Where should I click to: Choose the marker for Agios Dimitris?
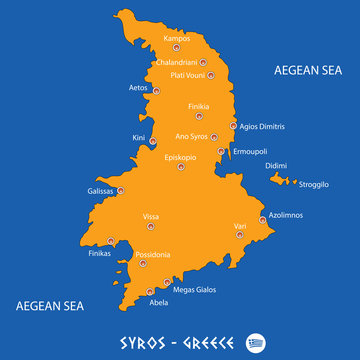pos(233,127)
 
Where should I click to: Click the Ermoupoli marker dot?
pos(221,151)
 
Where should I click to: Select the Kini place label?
pos(138,138)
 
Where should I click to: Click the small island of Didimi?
pos(281,180)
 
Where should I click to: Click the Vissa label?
pos(151,216)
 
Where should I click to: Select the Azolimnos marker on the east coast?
pos(263,218)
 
